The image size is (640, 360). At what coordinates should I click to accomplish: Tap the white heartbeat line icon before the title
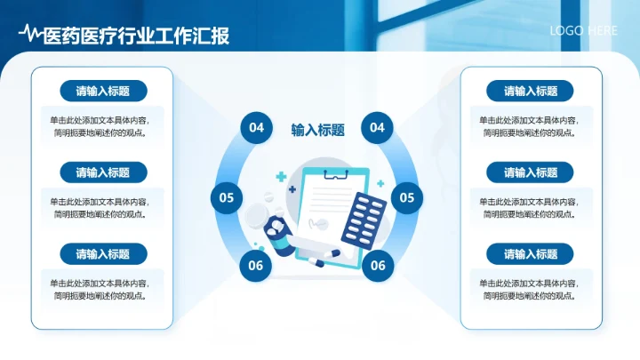[30, 35]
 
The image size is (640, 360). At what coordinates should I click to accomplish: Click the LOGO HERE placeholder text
[583, 30]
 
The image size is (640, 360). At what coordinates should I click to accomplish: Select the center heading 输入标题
[317, 130]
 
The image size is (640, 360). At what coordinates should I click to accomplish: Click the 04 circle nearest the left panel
[256, 128]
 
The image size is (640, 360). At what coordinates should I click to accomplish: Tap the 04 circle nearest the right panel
[377, 128]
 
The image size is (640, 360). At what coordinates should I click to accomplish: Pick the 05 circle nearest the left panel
[227, 197]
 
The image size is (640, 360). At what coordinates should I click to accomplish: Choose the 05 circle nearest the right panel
[406, 197]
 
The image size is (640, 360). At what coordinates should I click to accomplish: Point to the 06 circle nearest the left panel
[256, 264]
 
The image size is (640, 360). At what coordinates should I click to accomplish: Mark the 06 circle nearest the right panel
[378, 264]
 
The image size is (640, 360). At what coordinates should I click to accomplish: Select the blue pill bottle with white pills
[277, 234]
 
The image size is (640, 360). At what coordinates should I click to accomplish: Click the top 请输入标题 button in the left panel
[103, 91]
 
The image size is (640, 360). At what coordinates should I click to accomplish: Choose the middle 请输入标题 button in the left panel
[103, 172]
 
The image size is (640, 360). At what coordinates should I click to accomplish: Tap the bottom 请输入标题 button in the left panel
[103, 254]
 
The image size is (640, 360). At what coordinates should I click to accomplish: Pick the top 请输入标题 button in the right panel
[531, 91]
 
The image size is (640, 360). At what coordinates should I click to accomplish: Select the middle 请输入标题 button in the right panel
[531, 172]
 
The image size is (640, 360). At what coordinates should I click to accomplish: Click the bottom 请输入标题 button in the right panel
[531, 254]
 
